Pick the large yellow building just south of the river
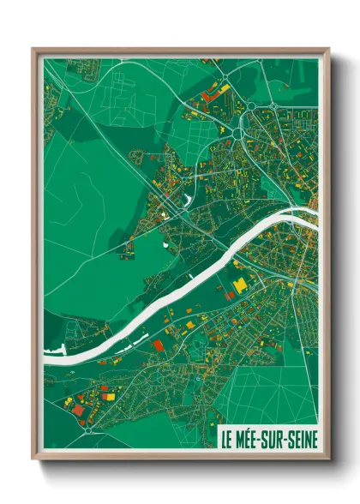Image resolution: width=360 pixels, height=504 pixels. pyautogui.click(x=240, y=285)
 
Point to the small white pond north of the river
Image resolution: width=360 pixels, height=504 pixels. pyautogui.click(x=187, y=201)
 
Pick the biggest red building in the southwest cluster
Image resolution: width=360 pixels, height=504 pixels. pyautogui.click(x=79, y=410)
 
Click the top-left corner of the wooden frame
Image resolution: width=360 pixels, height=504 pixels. pyautogui.click(x=33, y=49)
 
